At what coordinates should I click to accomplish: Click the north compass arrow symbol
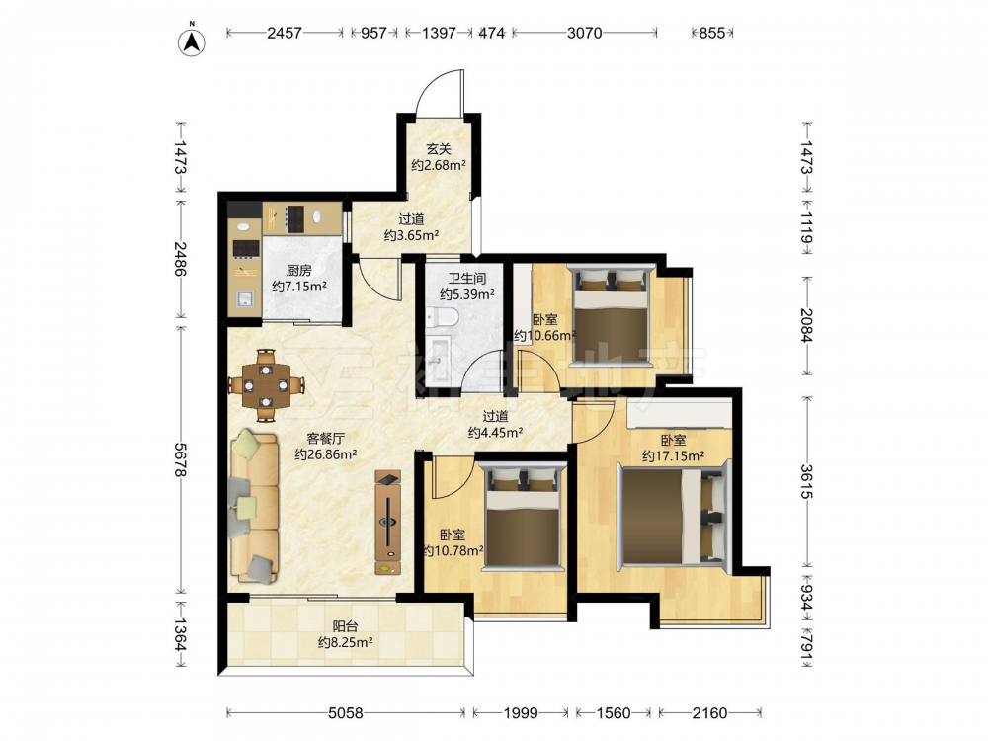[193, 41]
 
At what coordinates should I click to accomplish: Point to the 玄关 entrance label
[439, 149]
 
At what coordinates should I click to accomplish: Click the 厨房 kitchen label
[298, 271]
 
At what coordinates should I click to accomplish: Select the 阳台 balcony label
[345, 627]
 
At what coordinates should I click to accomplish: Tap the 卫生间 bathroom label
[467, 278]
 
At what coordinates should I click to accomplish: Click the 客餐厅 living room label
[325, 439]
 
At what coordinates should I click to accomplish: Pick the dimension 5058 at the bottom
[346, 713]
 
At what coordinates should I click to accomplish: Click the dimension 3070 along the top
[585, 33]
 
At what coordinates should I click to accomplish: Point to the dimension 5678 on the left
[181, 460]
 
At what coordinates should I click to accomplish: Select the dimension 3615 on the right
[806, 481]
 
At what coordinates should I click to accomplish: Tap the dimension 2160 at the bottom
[709, 713]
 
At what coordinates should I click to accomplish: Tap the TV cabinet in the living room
[388, 523]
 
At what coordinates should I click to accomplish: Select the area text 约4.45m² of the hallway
[496, 433]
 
